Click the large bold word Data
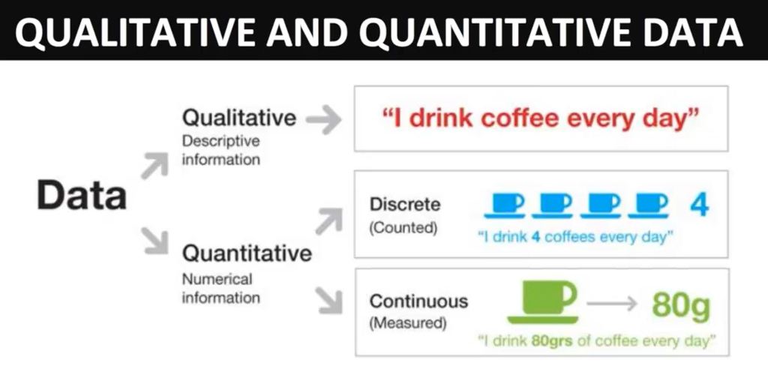82,196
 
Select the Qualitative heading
239,118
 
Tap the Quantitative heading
247,253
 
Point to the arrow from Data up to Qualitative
154,166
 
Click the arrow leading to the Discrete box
328,220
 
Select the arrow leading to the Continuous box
329,300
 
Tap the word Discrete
405,205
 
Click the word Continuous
418,301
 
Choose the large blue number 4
700,205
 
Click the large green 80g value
681,306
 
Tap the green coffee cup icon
543,302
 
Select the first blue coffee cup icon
505,205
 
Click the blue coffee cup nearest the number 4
649,205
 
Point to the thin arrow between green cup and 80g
612,304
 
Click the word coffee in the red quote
510,119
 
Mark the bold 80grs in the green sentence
552,340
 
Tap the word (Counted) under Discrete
403,228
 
